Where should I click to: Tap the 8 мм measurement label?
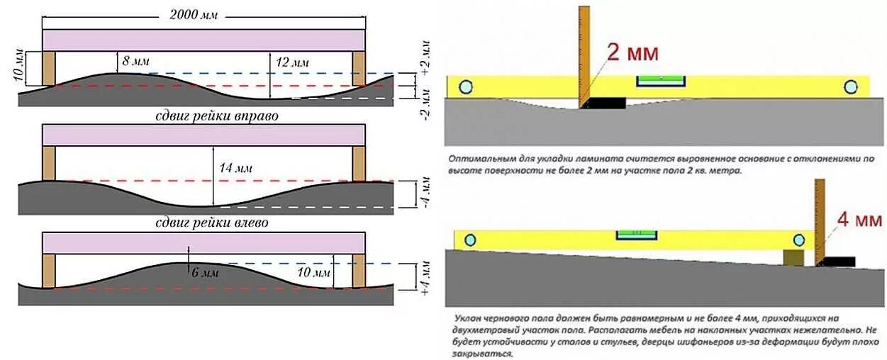pos(136,62)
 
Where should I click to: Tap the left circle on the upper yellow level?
pos(466,86)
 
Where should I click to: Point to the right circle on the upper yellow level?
pos(850,86)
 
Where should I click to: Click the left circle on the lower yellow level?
pos(470,240)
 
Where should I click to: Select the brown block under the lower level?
pos(793,258)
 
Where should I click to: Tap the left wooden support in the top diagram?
pos(48,69)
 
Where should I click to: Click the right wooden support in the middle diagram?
pos(359,164)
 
